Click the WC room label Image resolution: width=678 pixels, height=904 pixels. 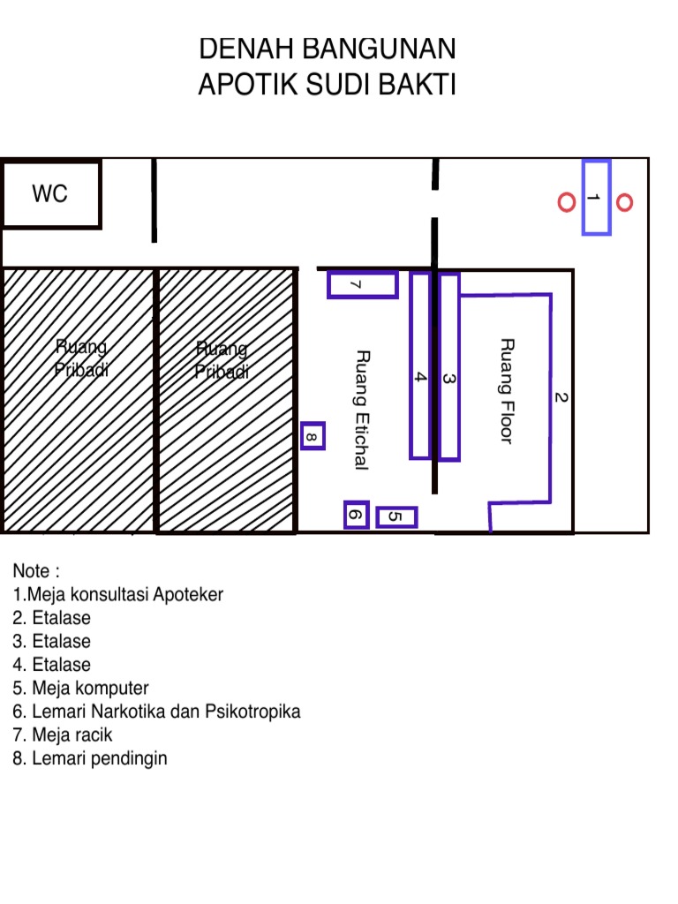click(49, 193)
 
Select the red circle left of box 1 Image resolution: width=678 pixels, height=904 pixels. click(567, 202)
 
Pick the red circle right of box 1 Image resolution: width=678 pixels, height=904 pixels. click(624, 202)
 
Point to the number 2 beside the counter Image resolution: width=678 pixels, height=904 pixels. click(561, 397)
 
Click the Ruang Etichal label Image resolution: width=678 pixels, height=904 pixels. click(361, 410)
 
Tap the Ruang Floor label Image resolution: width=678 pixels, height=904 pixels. click(506, 391)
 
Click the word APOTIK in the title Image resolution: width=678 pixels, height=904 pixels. click(247, 84)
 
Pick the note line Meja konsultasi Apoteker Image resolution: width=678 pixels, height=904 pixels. click(118, 594)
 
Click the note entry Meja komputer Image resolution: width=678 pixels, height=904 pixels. click(80, 688)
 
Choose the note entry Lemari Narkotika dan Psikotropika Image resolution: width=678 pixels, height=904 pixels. click(157, 712)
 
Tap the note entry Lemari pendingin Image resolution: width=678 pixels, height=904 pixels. click(90, 758)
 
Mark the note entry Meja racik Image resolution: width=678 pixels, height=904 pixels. click(63, 734)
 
